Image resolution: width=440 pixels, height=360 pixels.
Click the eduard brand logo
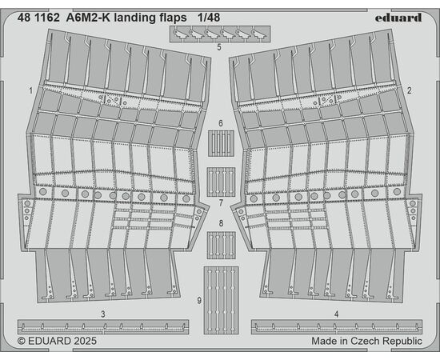(x=398, y=18)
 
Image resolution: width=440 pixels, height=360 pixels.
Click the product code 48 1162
(x=38, y=18)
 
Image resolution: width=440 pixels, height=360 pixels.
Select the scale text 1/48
(x=209, y=18)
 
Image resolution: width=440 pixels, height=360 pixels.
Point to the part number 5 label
(x=219, y=47)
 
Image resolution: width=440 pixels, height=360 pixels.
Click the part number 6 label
(x=221, y=123)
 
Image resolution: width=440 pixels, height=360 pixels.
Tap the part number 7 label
(x=221, y=202)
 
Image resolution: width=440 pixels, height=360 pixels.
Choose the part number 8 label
(x=221, y=223)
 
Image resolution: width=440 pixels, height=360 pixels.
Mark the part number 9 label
(x=199, y=301)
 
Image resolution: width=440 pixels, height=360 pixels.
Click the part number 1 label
(x=30, y=90)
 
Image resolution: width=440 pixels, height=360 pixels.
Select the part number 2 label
(x=409, y=90)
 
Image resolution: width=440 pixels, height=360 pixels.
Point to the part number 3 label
(x=103, y=314)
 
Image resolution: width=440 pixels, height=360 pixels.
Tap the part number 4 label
(x=337, y=314)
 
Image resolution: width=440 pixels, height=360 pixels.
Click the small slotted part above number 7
(x=221, y=182)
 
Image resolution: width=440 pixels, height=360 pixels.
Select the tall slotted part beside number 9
(x=222, y=300)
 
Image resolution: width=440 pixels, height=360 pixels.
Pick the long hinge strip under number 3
(x=103, y=326)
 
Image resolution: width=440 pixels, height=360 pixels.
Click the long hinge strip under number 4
(x=337, y=326)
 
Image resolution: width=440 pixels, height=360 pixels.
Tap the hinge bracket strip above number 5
(x=220, y=34)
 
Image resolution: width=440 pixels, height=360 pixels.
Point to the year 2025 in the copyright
(x=86, y=342)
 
